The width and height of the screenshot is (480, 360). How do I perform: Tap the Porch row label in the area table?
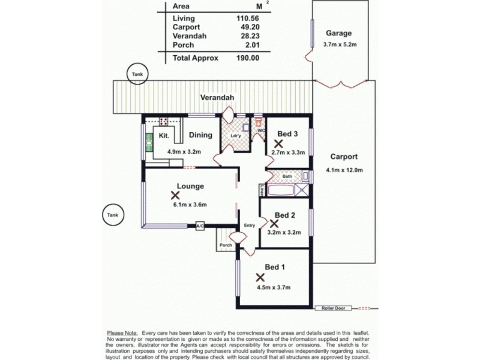click(x=183, y=45)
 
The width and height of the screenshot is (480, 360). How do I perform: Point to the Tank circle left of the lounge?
click(x=112, y=215)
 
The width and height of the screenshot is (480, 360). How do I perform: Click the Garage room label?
click(x=338, y=34)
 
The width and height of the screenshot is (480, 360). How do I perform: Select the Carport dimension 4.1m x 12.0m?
click(x=345, y=170)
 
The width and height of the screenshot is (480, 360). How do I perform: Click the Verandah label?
click(x=217, y=97)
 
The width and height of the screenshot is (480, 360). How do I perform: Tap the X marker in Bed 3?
click(x=278, y=144)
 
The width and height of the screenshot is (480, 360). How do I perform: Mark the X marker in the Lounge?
click(x=175, y=195)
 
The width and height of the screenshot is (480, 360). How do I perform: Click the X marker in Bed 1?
click(x=260, y=278)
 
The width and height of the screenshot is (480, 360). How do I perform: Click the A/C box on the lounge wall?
click(x=200, y=226)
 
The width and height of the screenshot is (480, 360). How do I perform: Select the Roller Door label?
click(x=329, y=309)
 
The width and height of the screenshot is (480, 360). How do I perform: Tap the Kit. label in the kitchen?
click(x=163, y=136)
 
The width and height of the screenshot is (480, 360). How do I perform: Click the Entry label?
click(x=250, y=226)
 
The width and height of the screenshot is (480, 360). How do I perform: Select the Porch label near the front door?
click(x=226, y=245)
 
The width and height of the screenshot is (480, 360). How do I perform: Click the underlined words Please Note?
click(x=122, y=332)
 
